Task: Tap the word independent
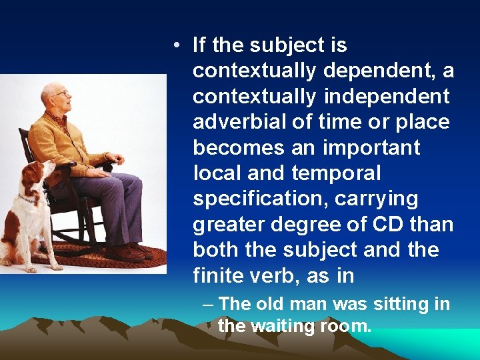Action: click(x=387, y=97)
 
